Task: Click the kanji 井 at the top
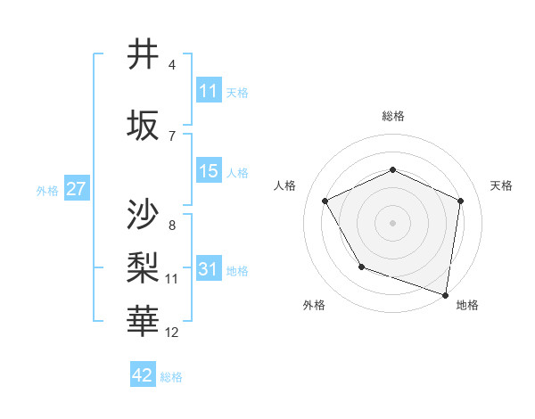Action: (x=144, y=55)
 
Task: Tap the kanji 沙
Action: (x=144, y=214)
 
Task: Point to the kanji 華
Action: (x=144, y=317)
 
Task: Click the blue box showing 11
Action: (x=209, y=91)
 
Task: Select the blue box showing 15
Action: (x=209, y=171)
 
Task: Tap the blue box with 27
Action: (x=77, y=189)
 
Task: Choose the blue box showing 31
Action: (x=209, y=269)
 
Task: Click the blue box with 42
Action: (x=143, y=375)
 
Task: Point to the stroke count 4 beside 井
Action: (x=172, y=65)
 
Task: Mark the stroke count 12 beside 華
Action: (x=172, y=333)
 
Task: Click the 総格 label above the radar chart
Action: (x=393, y=117)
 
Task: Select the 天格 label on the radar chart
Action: (x=501, y=185)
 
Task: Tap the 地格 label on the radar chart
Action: (x=467, y=306)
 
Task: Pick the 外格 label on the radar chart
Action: (x=314, y=306)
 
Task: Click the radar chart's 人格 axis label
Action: (x=285, y=185)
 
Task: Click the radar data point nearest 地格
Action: (x=446, y=294)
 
